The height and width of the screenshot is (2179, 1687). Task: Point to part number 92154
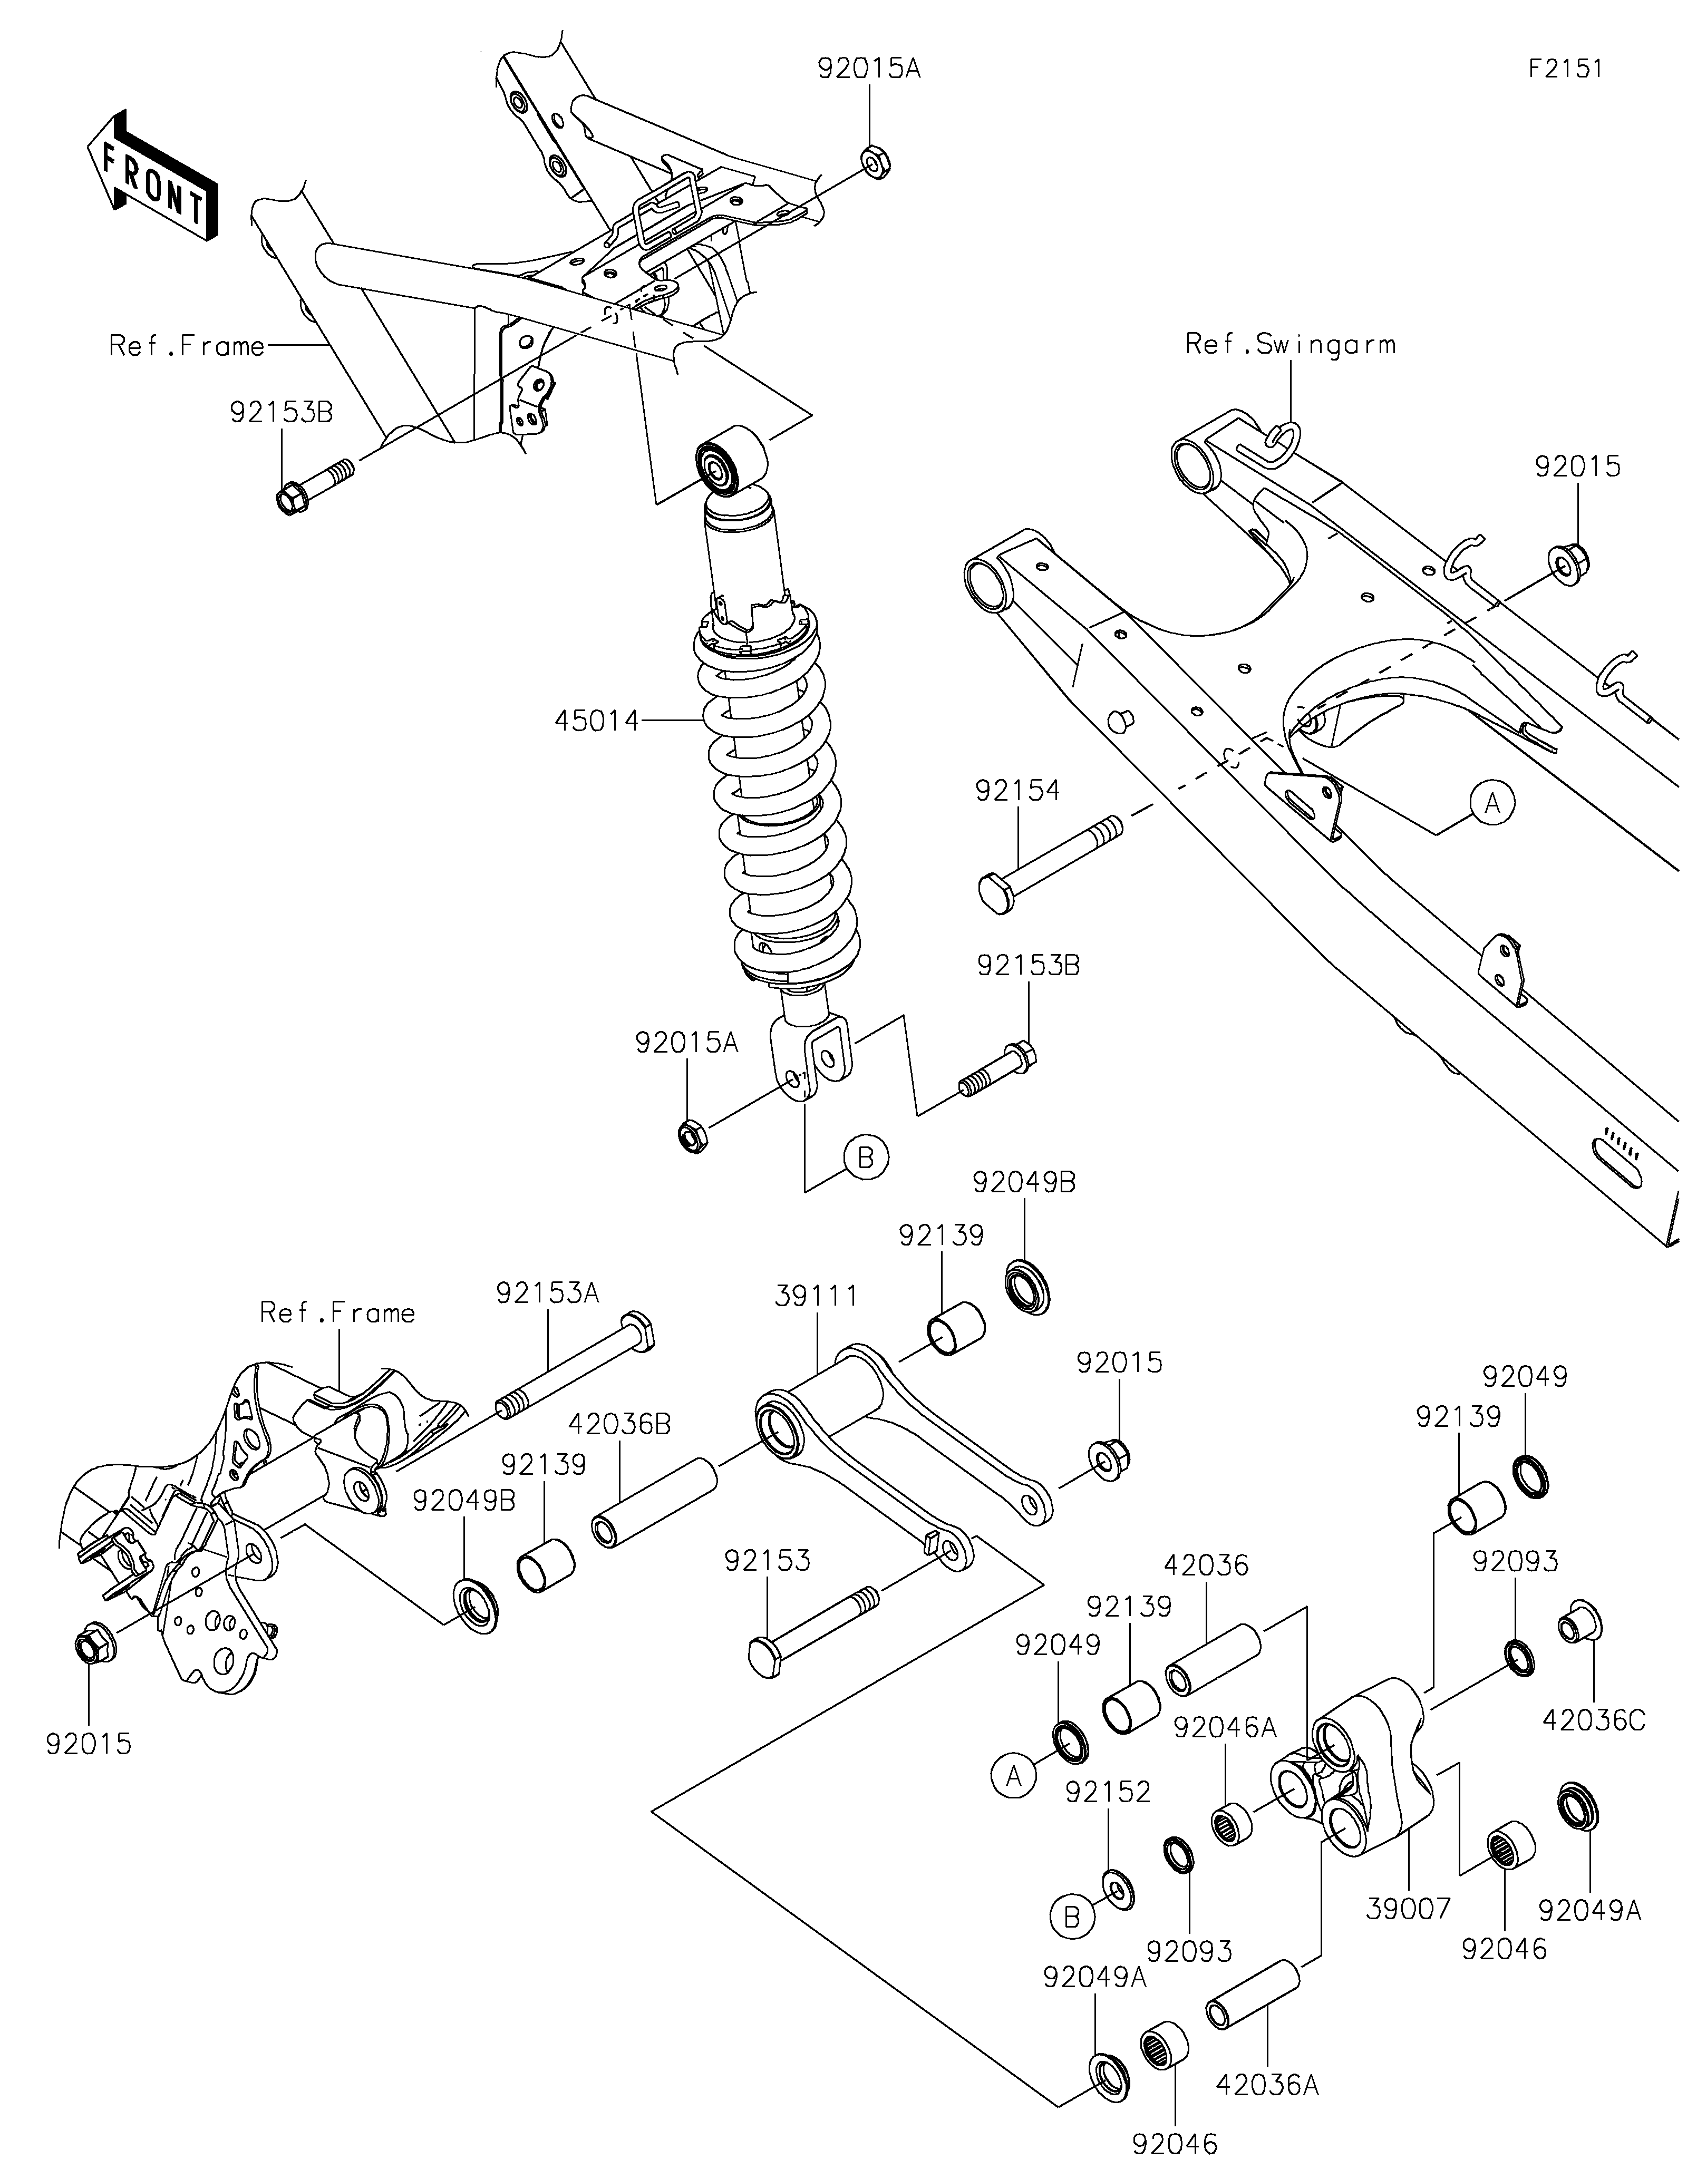point(1017,790)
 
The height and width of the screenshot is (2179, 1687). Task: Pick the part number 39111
point(816,1296)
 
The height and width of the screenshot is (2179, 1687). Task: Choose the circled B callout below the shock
point(865,1157)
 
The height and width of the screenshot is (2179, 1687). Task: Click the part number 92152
point(1108,1792)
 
